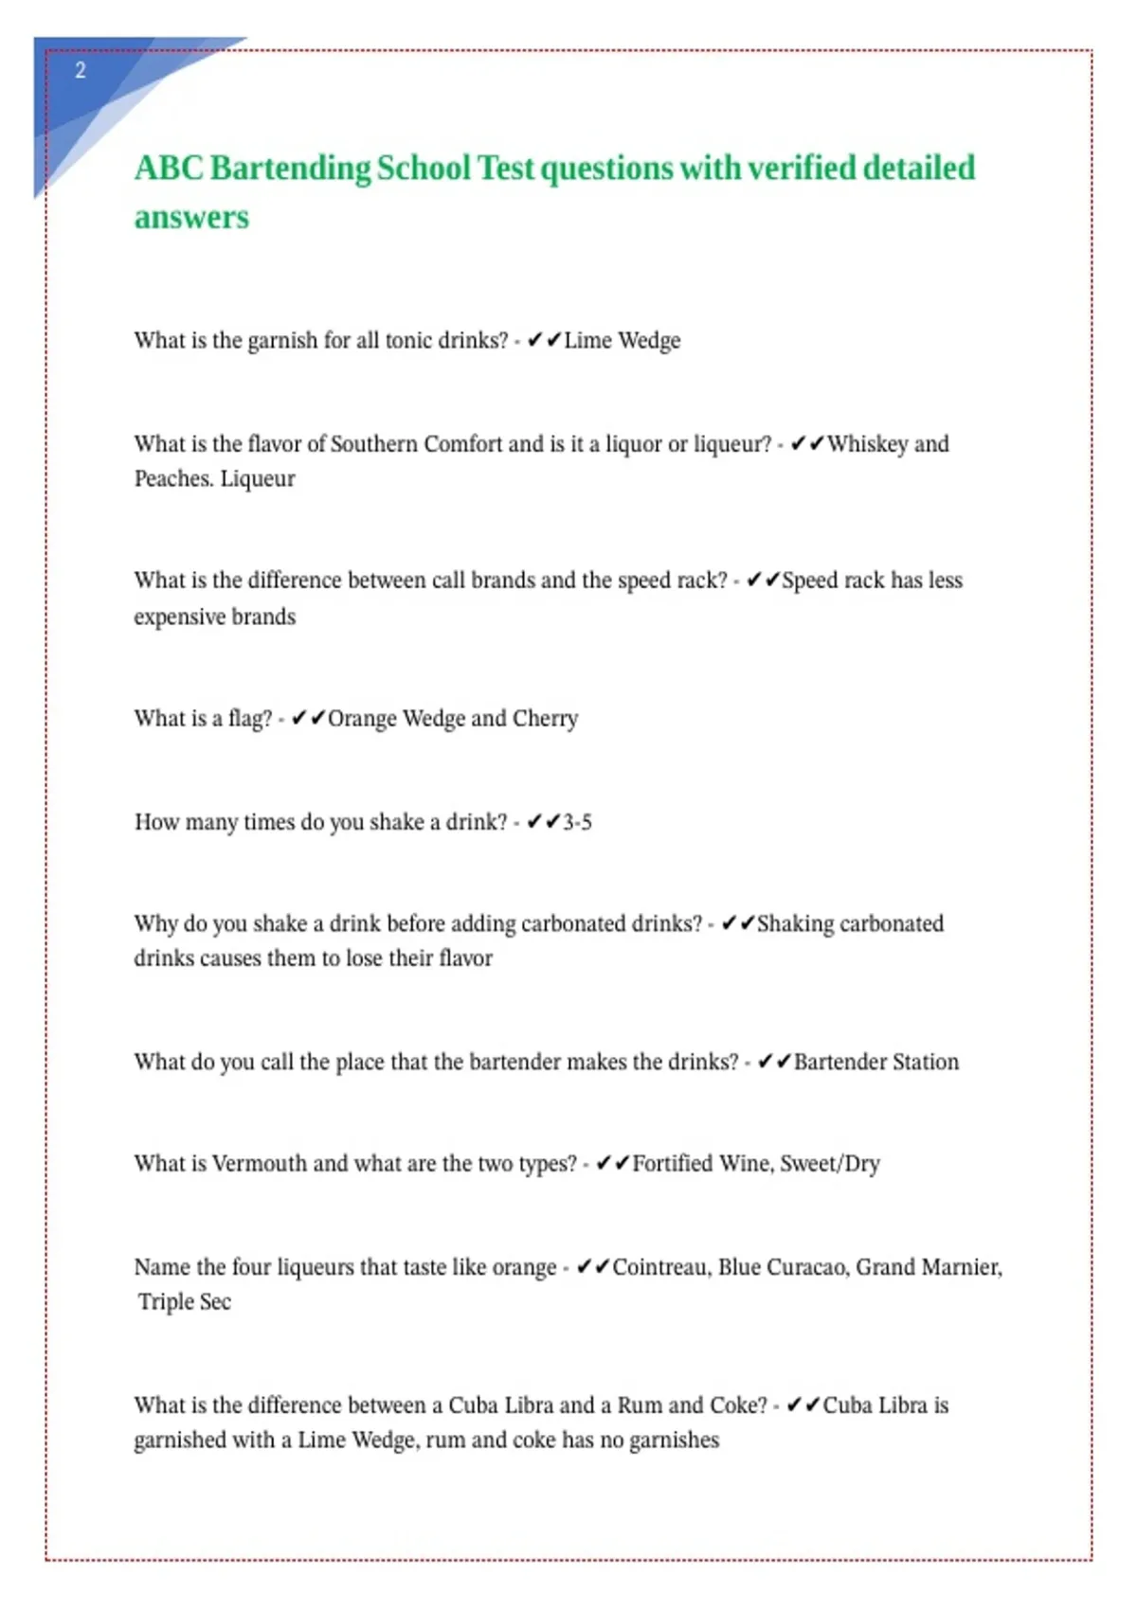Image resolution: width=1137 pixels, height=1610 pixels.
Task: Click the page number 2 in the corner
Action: click(x=81, y=71)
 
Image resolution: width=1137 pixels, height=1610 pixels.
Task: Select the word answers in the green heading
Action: click(x=191, y=218)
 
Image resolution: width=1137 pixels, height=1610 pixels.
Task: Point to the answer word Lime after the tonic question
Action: click(x=587, y=341)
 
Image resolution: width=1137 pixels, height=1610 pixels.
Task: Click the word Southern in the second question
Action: click(x=373, y=444)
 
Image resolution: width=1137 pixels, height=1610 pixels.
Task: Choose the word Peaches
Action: click(x=172, y=479)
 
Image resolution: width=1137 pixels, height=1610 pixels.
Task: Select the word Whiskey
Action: click(x=867, y=444)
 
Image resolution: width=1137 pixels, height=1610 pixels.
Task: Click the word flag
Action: click(x=249, y=719)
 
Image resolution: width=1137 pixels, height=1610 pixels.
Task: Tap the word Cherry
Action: click(x=545, y=719)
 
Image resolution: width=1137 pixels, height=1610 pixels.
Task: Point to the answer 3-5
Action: click(x=577, y=822)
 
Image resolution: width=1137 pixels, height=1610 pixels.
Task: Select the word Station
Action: click(x=925, y=1062)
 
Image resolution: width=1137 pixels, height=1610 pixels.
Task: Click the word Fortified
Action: click(x=672, y=1163)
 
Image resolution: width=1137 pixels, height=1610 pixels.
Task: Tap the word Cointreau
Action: click(x=660, y=1267)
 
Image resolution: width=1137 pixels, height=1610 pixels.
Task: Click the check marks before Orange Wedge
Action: click(x=308, y=719)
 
